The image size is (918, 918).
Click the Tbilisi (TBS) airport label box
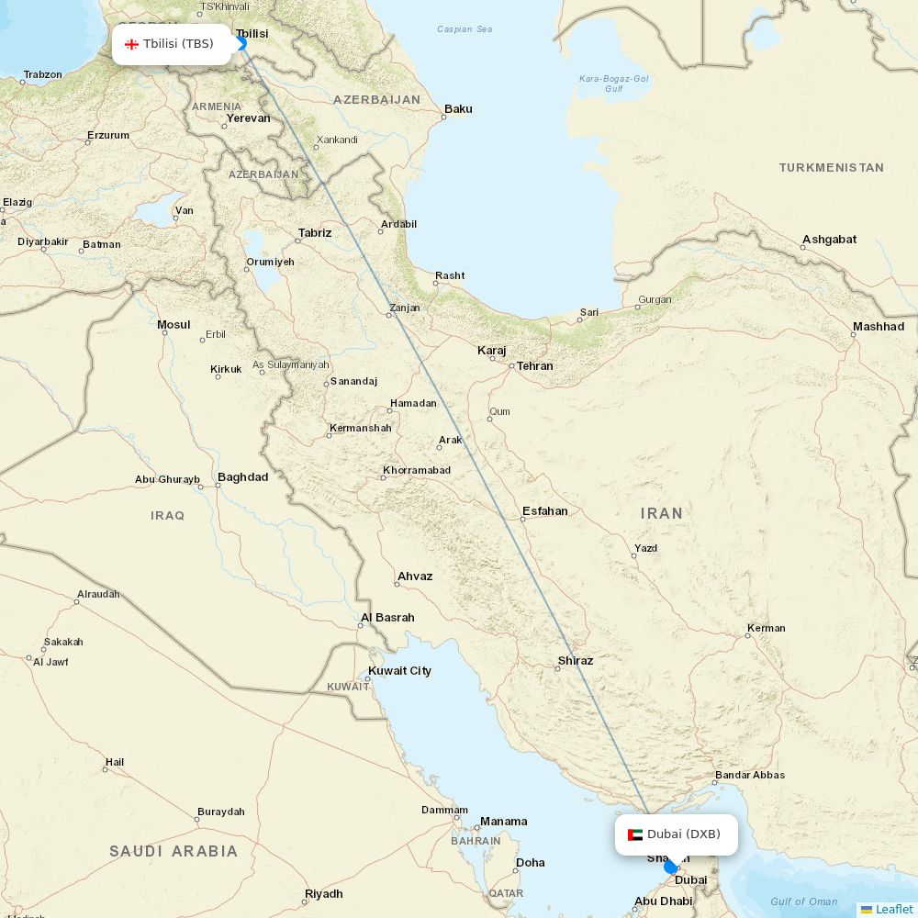coord(172,44)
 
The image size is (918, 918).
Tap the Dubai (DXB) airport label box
coord(677,834)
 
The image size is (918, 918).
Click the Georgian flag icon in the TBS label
coord(131,44)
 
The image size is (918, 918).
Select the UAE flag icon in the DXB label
coord(635,834)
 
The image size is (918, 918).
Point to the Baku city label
coord(458,109)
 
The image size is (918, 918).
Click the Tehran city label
coord(534,365)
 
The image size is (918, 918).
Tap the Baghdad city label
coord(243,477)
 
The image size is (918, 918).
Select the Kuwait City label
coord(399,671)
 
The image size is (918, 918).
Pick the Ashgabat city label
coord(829,240)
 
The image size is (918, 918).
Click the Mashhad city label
coord(879,327)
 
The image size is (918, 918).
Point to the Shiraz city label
coord(576,661)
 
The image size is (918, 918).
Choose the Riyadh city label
coord(324,894)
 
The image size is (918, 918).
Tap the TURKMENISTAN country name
coord(832,168)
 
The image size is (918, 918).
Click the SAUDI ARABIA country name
coord(174,851)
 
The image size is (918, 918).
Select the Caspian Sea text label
coord(465,29)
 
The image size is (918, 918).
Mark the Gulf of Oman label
coord(804,901)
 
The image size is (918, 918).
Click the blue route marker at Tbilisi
coord(241,43)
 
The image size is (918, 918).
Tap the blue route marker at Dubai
coord(670,867)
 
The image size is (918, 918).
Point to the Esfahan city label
coord(545,511)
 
